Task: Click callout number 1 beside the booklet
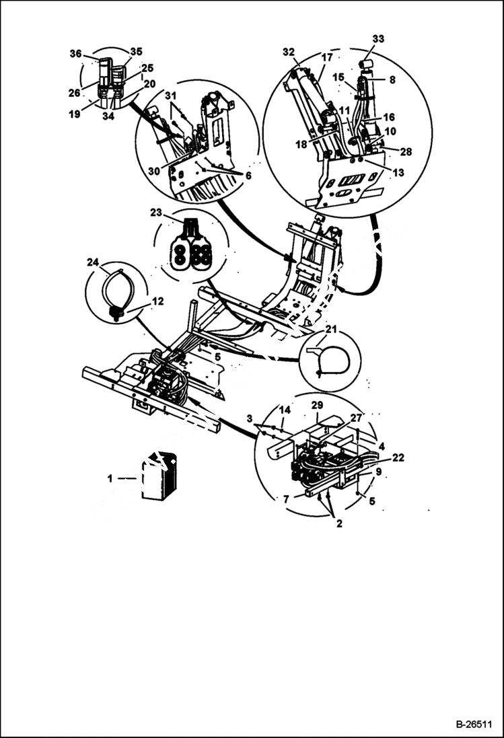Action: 110,478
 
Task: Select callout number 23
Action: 157,212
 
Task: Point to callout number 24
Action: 92,262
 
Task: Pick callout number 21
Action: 331,330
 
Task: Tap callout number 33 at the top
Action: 378,39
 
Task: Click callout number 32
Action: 289,52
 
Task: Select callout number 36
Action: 75,54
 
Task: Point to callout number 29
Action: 317,405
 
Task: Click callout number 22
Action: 398,457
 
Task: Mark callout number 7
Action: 287,499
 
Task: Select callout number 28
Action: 405,153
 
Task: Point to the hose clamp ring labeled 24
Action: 118,289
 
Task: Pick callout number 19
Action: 75,114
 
